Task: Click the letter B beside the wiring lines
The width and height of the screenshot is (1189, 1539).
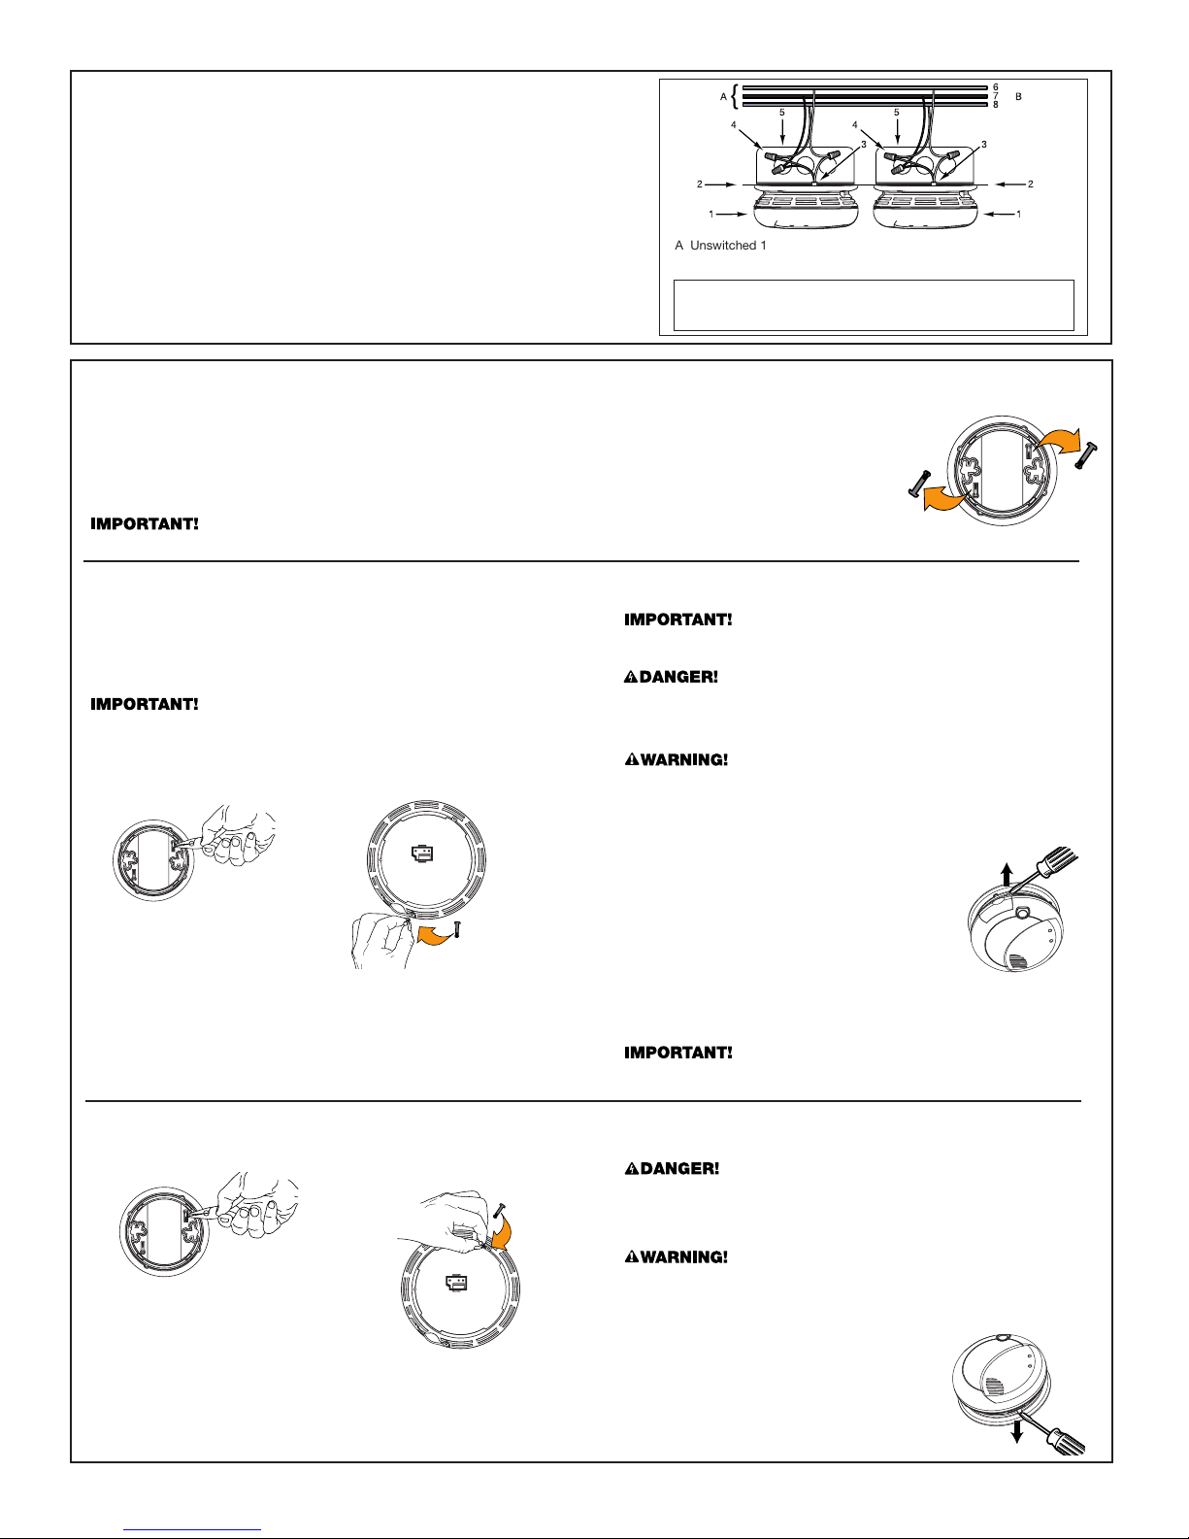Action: [x=1018, y=96]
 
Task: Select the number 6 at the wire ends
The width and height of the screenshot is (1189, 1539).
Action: [x=995, y=87]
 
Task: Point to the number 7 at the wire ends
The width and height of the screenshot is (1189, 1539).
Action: [x=995, y=95]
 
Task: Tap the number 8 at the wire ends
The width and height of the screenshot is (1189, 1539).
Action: [x=995, y=104]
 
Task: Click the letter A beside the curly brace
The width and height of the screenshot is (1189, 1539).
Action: [x=723, y=96]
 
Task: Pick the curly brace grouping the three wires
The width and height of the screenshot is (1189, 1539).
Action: [x=736, y=96]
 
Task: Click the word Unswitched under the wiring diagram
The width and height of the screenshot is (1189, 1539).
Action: [x=723, y=245]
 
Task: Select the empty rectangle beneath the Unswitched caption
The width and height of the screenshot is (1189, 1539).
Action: [x=874, y=305]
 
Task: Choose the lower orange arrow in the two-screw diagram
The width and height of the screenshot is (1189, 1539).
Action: [x=945, y=498]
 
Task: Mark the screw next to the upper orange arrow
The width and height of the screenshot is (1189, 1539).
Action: [x=1086, y=455]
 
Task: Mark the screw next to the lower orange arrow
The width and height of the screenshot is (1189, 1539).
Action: [x=919, y=484]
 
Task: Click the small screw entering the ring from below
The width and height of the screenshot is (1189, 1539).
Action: [x=457, y=929]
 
